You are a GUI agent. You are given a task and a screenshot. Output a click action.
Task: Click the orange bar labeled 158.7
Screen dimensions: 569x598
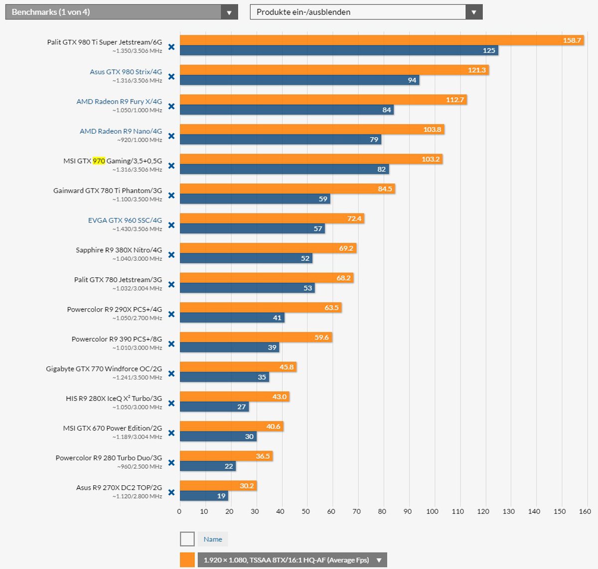[x=381, y=40]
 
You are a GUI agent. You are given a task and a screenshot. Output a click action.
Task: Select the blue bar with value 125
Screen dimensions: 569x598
[x=339, y=50]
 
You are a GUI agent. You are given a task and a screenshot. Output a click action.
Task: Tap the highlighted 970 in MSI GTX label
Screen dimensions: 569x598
[x=99, y=161]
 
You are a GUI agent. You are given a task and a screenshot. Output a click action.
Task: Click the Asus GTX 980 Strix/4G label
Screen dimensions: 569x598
[x=126, y=72]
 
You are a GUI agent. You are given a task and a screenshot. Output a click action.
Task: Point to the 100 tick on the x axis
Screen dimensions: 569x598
[x=433, y=511]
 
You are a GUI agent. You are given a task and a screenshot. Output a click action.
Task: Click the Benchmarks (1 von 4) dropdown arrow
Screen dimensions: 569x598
[x=229, y=12]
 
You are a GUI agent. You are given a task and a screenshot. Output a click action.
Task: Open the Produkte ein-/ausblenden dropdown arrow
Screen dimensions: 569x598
[x=473, y=12]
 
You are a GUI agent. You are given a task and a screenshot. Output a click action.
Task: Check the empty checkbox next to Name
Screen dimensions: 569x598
[x=187, y=539]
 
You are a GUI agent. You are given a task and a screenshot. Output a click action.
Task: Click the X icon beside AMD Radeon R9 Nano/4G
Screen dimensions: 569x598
[x=171, y=136]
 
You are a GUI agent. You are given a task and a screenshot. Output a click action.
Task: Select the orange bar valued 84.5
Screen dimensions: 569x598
[x=287, y=189]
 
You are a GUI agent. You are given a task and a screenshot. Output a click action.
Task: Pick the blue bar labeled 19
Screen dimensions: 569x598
[x=204, y=496]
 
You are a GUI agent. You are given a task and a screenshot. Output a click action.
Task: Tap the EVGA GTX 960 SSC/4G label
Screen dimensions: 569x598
[x=125, y=220]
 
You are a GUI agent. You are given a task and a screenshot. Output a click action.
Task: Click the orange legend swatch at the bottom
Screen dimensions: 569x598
[x=187, y=560]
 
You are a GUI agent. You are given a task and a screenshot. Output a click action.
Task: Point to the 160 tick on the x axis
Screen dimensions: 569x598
[x=585, y=511]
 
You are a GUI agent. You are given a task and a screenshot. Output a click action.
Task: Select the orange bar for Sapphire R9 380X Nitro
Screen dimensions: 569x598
[x=268, y=248]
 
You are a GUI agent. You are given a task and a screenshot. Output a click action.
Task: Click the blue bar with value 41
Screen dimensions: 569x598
[x=232, y=318]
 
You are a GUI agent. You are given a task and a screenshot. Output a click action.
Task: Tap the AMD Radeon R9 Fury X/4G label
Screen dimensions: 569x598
[x=119, y=101]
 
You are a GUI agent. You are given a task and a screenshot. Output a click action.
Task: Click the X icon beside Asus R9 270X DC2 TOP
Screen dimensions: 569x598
[x=171, y=493]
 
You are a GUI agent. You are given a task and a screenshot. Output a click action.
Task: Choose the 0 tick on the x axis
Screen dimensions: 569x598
[x=179, y=511]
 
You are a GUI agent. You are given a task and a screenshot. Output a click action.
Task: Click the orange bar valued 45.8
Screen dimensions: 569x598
[x=238, y=367]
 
